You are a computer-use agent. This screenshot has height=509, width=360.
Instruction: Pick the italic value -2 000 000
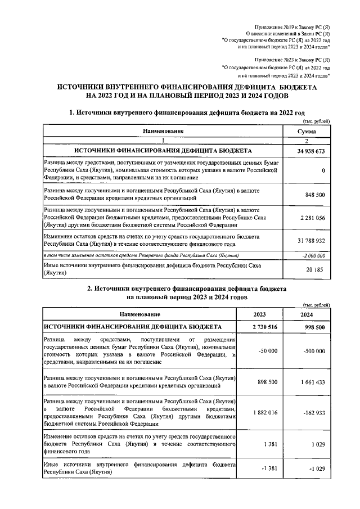[312, 255]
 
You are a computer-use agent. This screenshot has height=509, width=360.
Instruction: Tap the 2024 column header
[307, 314]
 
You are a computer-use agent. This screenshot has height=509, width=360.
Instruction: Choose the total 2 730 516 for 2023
[260, 327]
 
